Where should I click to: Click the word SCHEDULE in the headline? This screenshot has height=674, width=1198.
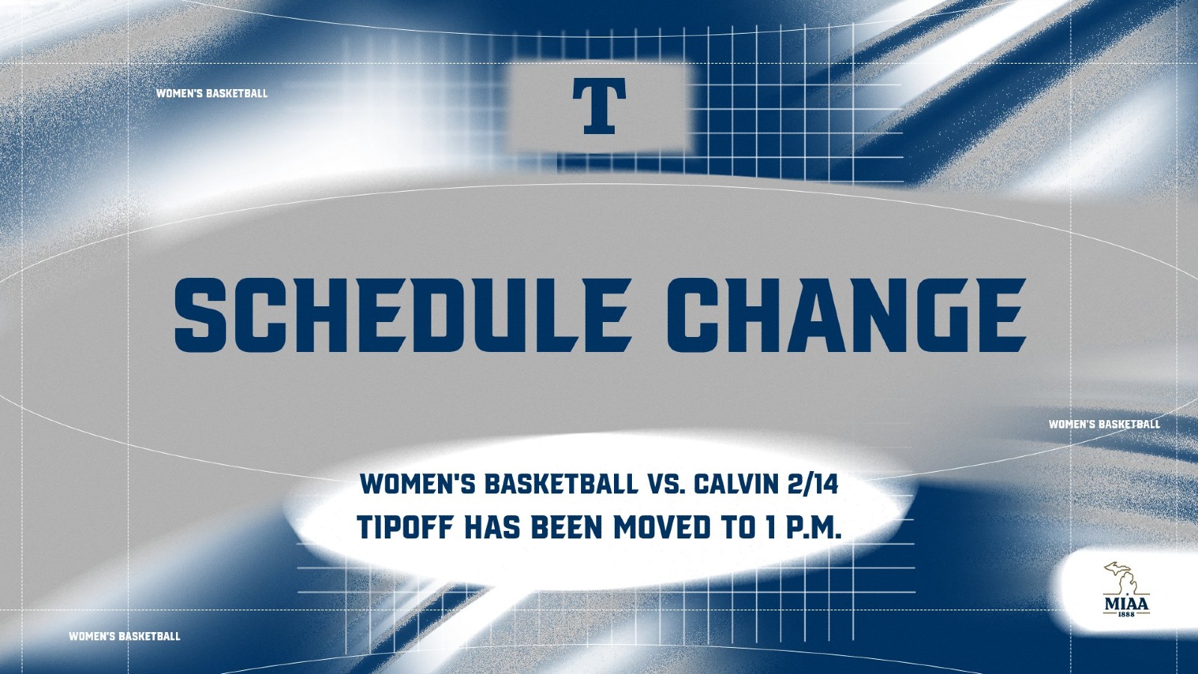(x=401, y=315)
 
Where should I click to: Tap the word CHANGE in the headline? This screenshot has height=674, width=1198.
(x=845, y=315)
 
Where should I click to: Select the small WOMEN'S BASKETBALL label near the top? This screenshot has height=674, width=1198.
(x=212, y=94)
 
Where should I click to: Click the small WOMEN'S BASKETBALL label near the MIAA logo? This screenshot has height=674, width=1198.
(x=1104, y=425)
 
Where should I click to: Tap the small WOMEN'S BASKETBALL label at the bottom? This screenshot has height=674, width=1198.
(x=124, y=637)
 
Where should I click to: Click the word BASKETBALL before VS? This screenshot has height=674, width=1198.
(x=560, y=484)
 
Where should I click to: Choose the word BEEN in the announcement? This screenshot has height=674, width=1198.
(x=566, y=527)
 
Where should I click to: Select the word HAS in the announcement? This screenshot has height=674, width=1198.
(x=494, y=527)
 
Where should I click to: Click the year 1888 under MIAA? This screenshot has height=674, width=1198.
(x=1126, y=614)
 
